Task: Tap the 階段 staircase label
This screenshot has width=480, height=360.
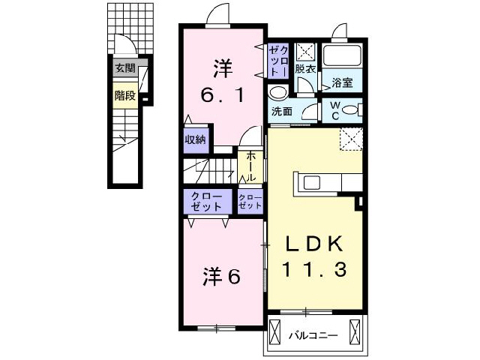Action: pyautogui.click(x=124, y=95)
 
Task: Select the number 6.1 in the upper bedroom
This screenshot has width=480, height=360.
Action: pyautogui.click(x=223, y=97)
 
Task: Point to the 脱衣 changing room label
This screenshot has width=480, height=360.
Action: pyautogui.click(x=304, y=69)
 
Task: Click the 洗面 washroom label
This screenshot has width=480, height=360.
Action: pyautogui.click(x=282, y=112)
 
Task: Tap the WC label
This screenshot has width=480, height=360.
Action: pyautogui.click(x=335, y=111)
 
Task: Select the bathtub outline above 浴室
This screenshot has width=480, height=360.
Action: pyautogui.click(x=343, y=56)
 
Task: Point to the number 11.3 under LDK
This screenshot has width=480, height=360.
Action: pyautogui.click(x=314, y=269)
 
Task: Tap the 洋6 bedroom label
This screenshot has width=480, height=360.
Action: pyautogui.click(x=221, y=277)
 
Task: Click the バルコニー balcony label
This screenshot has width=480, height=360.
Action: pyautogui.click(x=314, y=335)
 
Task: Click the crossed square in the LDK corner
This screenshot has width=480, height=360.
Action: pyautogui.click(x=350, y=139)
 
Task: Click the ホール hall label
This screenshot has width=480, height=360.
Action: pyautogui.click(x=250, y=166)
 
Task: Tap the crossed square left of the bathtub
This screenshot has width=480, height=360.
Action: pyautogui.click(x=304, y=52)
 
